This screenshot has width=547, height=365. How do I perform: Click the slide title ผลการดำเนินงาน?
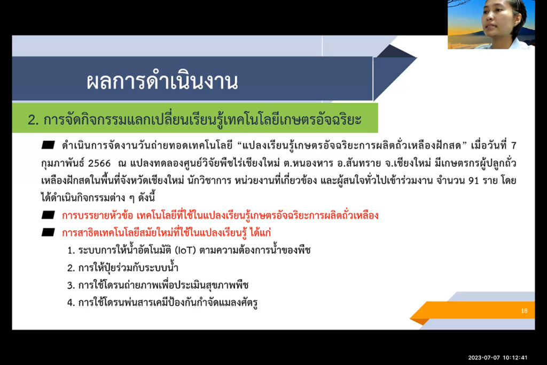pos(162,81)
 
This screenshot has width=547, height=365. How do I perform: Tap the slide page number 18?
pos(524,311)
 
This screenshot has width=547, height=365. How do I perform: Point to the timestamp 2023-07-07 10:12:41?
pos(497,358)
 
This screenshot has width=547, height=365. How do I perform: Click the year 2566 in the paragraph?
pos(99,163)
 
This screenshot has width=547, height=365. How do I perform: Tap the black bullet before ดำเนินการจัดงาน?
pos(48,145)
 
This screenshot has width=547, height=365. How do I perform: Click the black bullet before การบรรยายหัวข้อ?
pos(48,215)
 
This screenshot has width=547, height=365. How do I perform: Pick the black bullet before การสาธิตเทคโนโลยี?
pos(48,232)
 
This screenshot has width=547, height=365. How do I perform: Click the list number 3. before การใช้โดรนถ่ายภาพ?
pos(71,285)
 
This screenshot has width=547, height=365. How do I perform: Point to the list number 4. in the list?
pos(71,303)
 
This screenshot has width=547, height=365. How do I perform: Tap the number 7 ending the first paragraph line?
pos(513,146)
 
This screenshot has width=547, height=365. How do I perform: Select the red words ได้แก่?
pos(261,232)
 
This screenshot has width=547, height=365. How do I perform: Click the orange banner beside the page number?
pos(473,311)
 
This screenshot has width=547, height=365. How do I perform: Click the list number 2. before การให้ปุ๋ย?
pos(71,268)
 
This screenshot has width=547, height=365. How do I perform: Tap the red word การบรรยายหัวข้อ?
pos(98,215)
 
